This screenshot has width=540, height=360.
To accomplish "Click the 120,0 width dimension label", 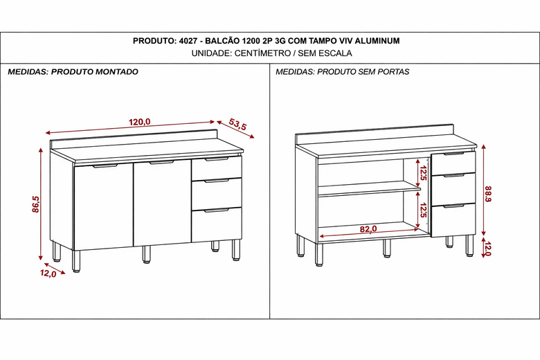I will [139, 122].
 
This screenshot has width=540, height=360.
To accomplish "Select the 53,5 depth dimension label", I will [237, 125].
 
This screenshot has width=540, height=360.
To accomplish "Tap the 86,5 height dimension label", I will [35, 205].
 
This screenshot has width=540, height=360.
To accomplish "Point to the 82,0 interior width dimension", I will [368, 228].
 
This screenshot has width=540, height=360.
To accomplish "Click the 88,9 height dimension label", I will [489, 194].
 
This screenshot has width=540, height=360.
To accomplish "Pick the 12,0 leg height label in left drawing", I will [48, 273].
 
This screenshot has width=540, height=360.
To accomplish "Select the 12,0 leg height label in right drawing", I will [487, 249].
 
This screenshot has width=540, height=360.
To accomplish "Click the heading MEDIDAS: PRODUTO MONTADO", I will [73, 72].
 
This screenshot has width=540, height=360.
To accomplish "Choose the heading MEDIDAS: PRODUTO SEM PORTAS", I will [342, 72].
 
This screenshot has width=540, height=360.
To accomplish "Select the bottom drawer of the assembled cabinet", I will [217, 225].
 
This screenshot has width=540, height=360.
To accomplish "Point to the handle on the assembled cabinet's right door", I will [161, 163].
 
